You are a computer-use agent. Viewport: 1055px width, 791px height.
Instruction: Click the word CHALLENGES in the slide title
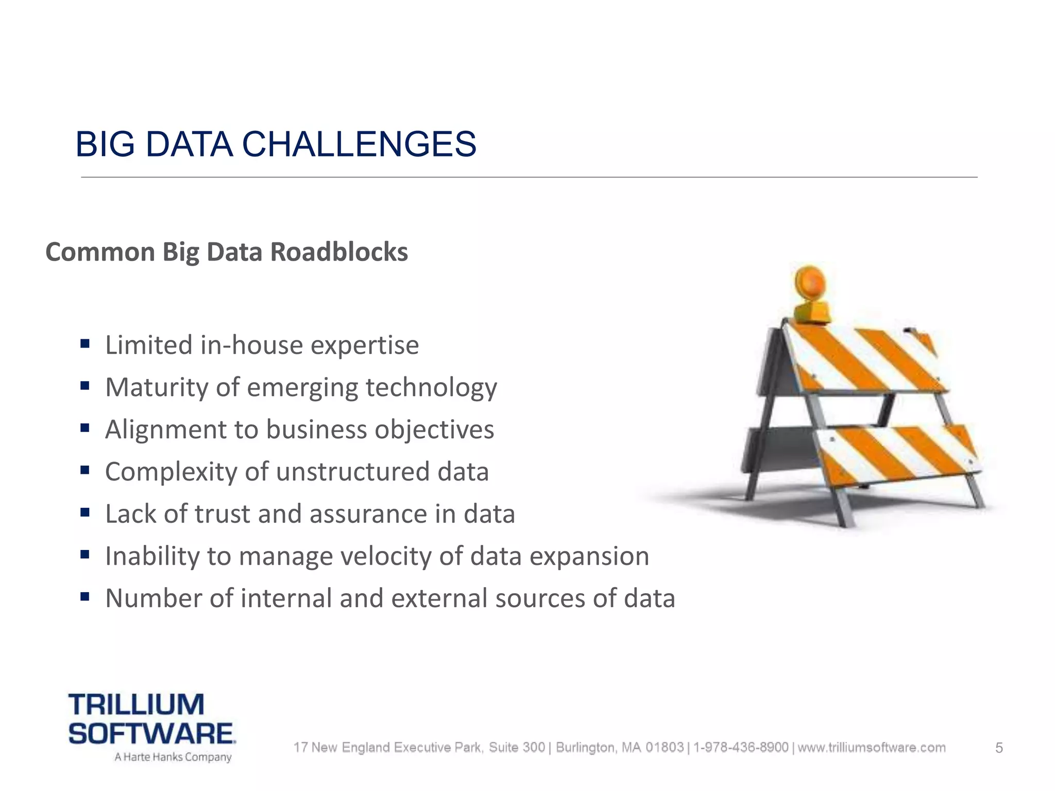click(359, 144)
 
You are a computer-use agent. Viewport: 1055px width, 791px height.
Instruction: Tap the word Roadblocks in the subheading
click(339, 252)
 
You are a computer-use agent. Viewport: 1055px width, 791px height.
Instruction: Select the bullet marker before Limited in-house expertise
click(85, 343)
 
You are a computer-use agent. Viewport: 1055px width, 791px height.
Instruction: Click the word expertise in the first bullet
click(365, 345)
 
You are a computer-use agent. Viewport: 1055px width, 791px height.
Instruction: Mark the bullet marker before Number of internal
click(85, 597)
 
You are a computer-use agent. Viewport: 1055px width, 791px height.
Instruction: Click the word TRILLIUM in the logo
click(137, 704)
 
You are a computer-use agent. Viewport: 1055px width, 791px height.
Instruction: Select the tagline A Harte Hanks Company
click(173, 757)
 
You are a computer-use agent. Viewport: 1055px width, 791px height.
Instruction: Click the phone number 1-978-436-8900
click(741, 747)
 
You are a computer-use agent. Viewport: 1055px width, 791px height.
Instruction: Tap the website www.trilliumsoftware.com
click(872, 747)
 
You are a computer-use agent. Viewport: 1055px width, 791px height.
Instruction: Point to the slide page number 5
click(999, 748)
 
